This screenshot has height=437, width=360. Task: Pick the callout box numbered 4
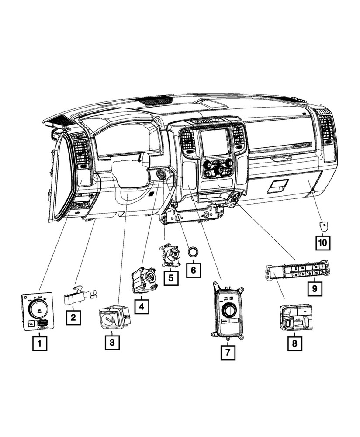pos(141,306)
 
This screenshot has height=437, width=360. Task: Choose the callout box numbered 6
pos(194,269)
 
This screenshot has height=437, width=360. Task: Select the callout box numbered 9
pos(313,288)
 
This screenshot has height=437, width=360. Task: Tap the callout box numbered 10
pos(324,241)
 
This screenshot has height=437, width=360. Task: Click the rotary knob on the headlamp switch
pos(37,310)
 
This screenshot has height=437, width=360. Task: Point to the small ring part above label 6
pos(193,252)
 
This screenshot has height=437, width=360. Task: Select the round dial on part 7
pos(228,310)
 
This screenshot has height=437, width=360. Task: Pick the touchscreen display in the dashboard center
pos(215,144)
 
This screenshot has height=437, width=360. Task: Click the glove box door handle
pos(278,185)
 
